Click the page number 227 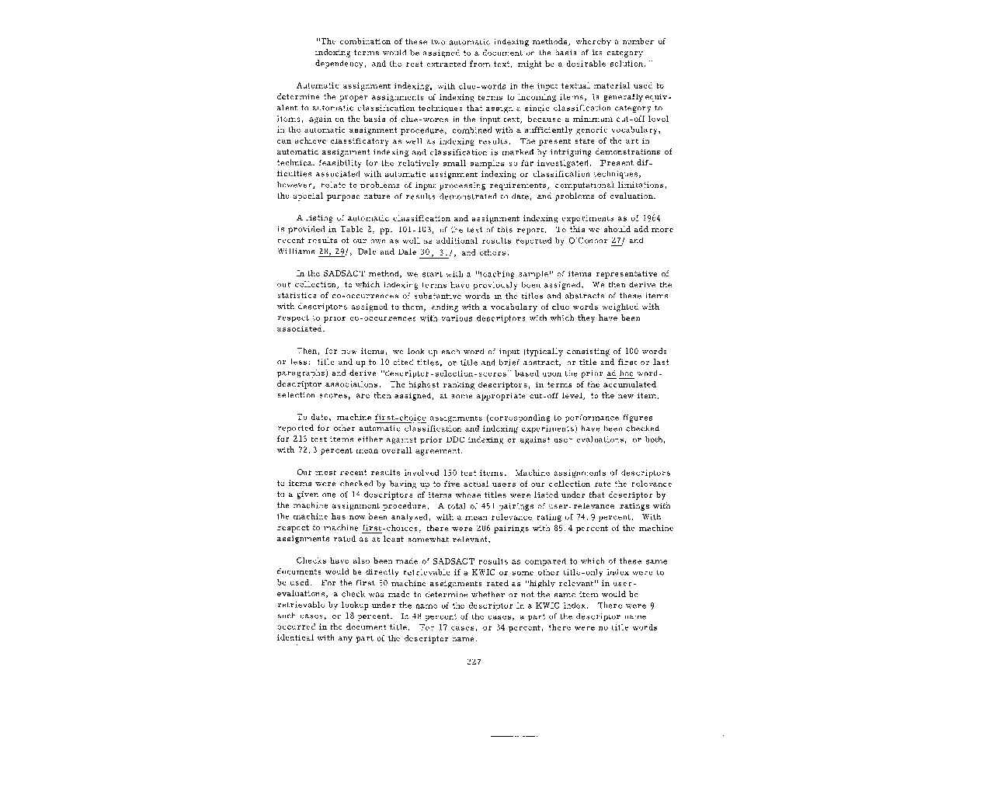point(474,661)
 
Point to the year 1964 point(662,219)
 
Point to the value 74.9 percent point(597,516)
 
